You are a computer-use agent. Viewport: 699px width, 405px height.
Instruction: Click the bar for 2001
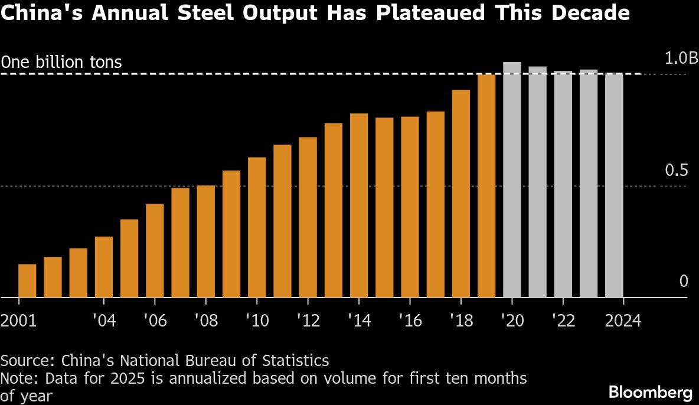tap(27, 281)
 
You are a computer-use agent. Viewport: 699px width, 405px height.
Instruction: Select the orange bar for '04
tap(103, 267)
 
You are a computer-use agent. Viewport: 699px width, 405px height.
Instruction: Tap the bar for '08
tap(205, 241)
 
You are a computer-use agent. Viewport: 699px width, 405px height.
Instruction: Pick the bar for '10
tap(257, 227)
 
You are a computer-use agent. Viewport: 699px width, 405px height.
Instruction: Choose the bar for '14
tap(358, 205)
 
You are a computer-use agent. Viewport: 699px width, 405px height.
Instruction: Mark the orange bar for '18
tap(460, 194)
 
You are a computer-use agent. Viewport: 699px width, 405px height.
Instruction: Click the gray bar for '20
tap(512, 180)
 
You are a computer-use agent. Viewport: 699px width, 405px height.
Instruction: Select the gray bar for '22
tap(563, 184)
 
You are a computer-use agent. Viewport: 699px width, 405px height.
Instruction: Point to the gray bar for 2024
tap(614, 185)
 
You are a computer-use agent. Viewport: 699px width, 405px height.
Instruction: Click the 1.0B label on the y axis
tap(681, 58)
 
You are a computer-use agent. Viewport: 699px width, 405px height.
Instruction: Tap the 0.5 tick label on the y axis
tap(677, 171)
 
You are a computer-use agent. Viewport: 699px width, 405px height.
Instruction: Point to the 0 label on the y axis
tap(684, 281)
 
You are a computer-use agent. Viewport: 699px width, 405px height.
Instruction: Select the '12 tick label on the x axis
tap(308, 321)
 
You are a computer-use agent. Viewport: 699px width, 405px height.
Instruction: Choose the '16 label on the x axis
tap(410, 321)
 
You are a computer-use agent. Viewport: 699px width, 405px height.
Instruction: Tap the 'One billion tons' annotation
tap(61, 61)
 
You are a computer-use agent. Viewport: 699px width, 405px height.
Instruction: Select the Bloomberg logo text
tap(650, 392)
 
